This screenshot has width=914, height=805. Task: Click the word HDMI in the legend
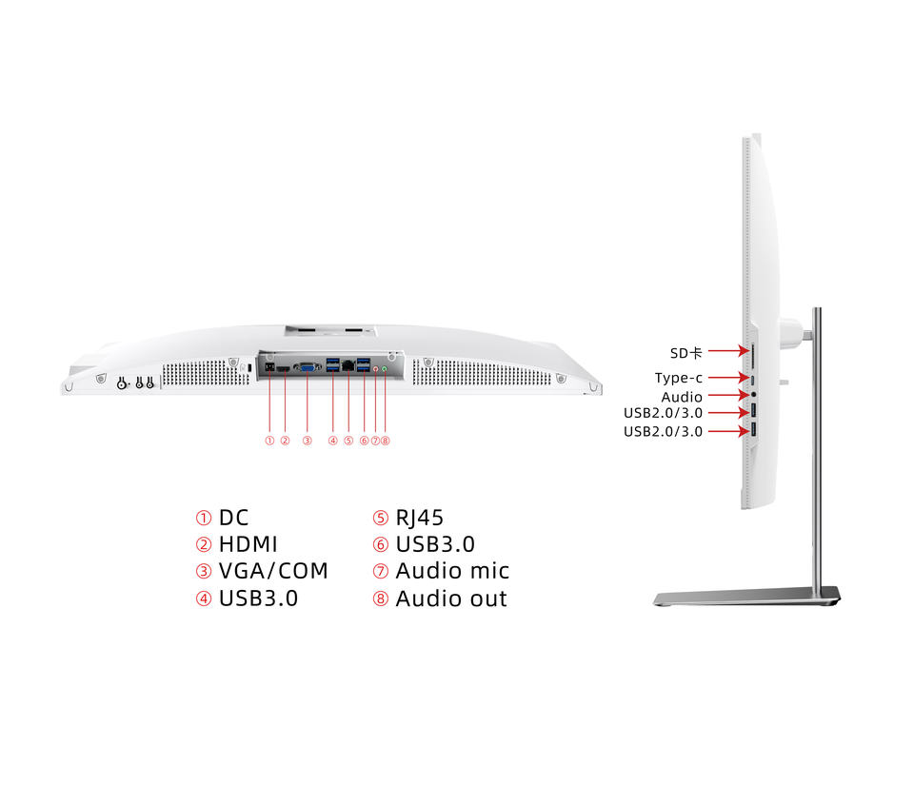point(248,544)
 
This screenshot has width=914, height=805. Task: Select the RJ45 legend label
point(419,518)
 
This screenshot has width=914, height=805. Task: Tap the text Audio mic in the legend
point(452,571)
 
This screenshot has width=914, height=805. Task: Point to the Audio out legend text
point(451,599)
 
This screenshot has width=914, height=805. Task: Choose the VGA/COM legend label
point(273,571)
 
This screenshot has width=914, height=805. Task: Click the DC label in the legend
point(233,518)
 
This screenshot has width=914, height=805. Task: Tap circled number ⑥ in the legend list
point(380,545)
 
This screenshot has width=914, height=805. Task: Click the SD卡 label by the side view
point(685,353)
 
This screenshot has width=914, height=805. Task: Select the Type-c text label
point(678,378)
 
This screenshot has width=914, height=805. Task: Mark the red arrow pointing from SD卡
point(725,353)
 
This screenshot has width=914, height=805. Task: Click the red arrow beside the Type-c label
point(725,378)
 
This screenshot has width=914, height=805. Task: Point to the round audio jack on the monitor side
point(754,393)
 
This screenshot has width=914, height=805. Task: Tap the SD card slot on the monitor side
point(753,356)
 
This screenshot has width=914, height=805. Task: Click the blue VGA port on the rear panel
point(307,366)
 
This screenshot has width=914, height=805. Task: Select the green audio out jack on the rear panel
point(385,366)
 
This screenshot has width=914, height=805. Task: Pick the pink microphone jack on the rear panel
point(376,366)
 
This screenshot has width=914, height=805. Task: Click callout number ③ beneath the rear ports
point(307,441)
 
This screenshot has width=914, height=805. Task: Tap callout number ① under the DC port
point(269,441)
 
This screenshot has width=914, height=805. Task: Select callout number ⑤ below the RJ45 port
point(348,441)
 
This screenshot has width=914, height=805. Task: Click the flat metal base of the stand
point(747,598)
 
